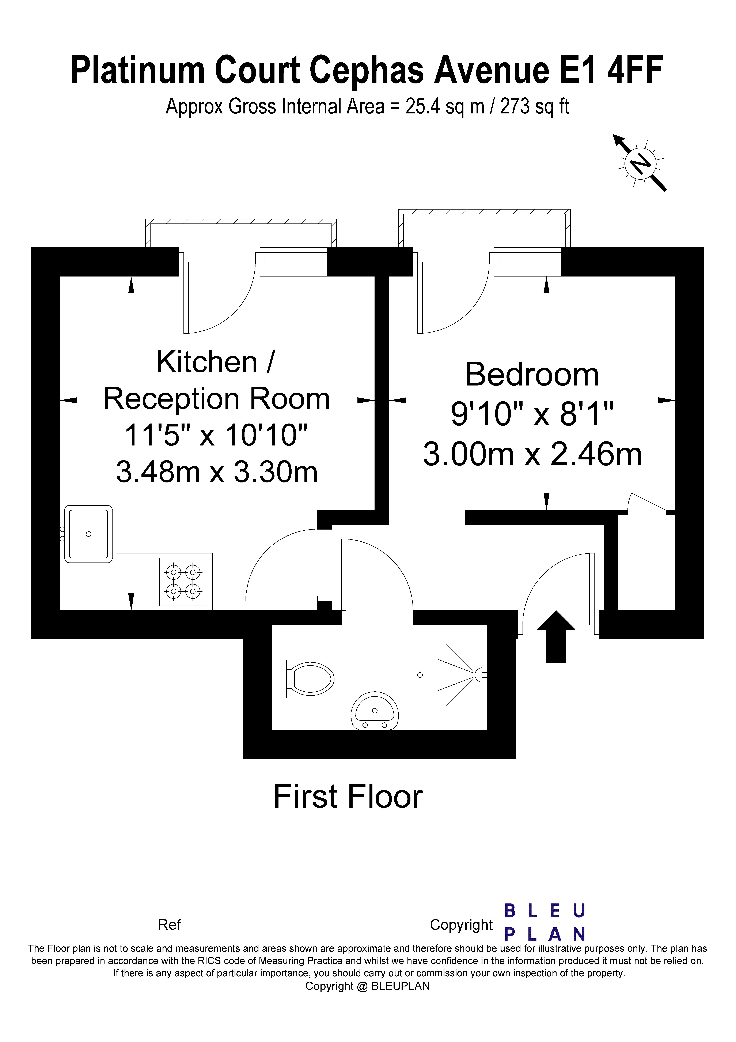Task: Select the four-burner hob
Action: point(183,582)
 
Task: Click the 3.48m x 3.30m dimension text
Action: point(217,472)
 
